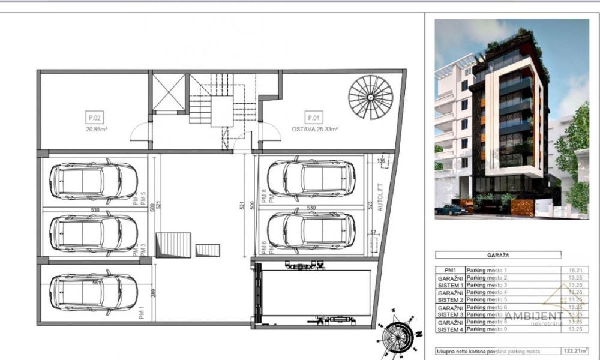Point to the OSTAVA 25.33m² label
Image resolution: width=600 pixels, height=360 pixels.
tap(315, 128)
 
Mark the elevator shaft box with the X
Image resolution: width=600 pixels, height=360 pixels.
tap(169, 93)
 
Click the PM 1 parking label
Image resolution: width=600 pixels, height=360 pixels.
tap(142, 313)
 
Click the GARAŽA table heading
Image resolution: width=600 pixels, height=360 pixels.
tap(499, 254)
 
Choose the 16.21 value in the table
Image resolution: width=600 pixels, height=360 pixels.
tap(575, 271)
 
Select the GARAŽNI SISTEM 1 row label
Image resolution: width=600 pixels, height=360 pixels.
tap(450, 281)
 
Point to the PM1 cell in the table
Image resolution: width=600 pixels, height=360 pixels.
tap(450, 271)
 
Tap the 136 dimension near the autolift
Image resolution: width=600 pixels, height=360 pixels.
tap(381, 160)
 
